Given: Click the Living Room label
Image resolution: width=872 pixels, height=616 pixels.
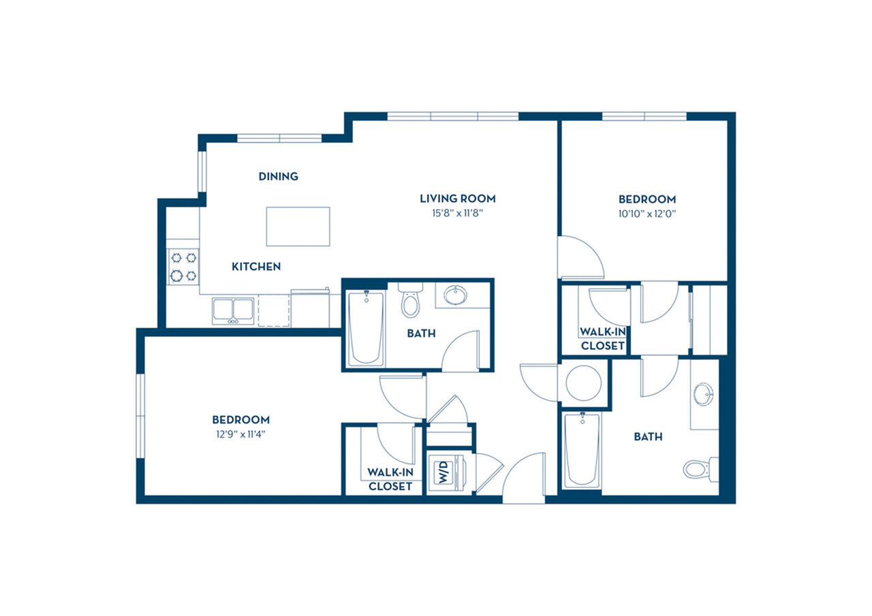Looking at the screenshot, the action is (x=457, y=198).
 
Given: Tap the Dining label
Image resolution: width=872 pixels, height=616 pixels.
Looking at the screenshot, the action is (x=279, y=176).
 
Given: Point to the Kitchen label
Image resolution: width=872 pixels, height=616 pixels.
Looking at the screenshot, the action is (x=256, y=267).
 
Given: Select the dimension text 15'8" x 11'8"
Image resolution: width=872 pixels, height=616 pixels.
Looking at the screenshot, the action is (x=457, y=213).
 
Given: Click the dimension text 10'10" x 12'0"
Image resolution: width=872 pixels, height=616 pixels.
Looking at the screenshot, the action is (x=647, y=214).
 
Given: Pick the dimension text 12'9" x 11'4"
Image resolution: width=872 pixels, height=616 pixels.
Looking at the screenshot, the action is (x=241, y=434).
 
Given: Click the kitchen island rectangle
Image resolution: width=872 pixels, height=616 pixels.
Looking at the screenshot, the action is (x=298, y=227).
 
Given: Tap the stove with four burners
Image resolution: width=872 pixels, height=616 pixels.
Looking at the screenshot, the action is (x=183, y=267).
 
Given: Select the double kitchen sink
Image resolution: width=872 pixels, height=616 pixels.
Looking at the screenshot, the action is (x=233, y=311).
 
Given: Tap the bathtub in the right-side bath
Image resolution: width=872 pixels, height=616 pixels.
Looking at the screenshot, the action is (x=582, y=451).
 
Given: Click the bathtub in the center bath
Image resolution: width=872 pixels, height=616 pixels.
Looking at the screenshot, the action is (x=366, y=329).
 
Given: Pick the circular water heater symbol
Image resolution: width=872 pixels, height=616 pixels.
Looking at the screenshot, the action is (x=584, y=383).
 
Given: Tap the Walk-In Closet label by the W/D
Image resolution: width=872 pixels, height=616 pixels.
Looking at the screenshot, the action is (x=390, y=479).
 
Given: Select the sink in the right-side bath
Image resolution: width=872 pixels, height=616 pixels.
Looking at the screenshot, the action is (x=704, y=394).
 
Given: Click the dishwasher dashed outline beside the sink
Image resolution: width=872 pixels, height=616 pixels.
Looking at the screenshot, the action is (x=274, y=310).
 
